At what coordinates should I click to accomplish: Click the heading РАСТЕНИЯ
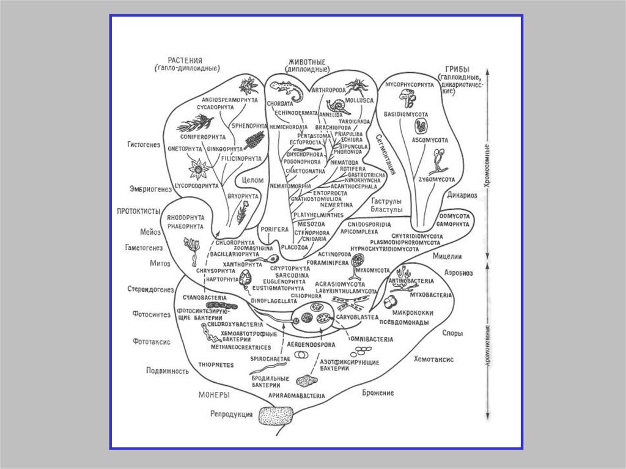point(185,60)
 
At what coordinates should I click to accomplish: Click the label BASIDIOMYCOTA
point(407,114)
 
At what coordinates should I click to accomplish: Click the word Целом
point(252,181)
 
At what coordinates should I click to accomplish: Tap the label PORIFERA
point(273,229)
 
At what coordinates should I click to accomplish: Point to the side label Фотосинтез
point(147,314)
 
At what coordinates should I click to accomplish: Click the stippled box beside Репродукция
point(277,416)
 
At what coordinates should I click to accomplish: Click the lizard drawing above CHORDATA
point(287,90)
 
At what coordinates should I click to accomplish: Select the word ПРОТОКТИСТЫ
point(138,211)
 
